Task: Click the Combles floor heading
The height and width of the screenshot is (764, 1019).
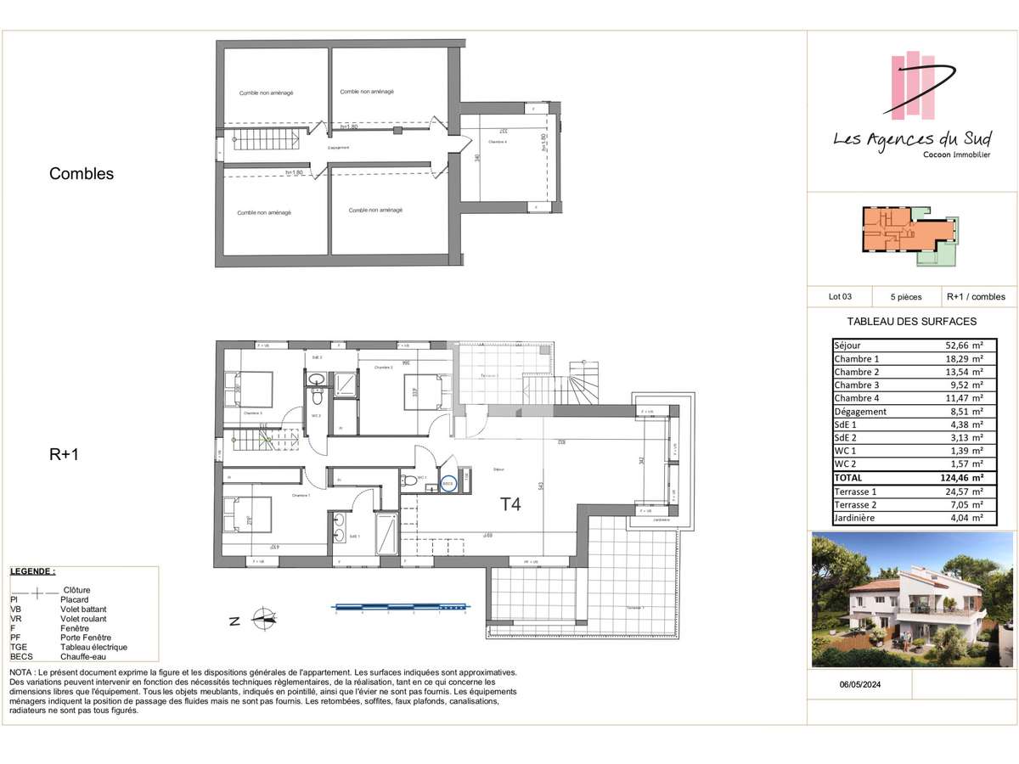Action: coord(82,174)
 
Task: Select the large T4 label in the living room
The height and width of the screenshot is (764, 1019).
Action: coord(509,504)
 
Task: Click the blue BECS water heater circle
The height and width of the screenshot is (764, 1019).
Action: coord(448,484)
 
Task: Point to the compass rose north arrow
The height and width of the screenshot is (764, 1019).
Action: coord(264,619)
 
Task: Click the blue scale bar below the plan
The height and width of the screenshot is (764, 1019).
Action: coord(401,607)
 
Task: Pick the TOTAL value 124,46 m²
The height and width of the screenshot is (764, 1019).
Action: coord(963,478)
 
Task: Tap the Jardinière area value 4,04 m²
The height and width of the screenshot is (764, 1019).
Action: coord(967,518)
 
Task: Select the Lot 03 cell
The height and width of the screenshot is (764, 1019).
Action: coord(840,297)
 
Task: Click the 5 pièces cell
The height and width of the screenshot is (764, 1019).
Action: coord(906,297)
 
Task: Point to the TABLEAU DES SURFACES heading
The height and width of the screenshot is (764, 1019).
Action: coord(912,322)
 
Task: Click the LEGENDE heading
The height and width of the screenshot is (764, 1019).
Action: coord(33,572)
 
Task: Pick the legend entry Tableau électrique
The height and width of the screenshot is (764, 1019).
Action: coord(93,647)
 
